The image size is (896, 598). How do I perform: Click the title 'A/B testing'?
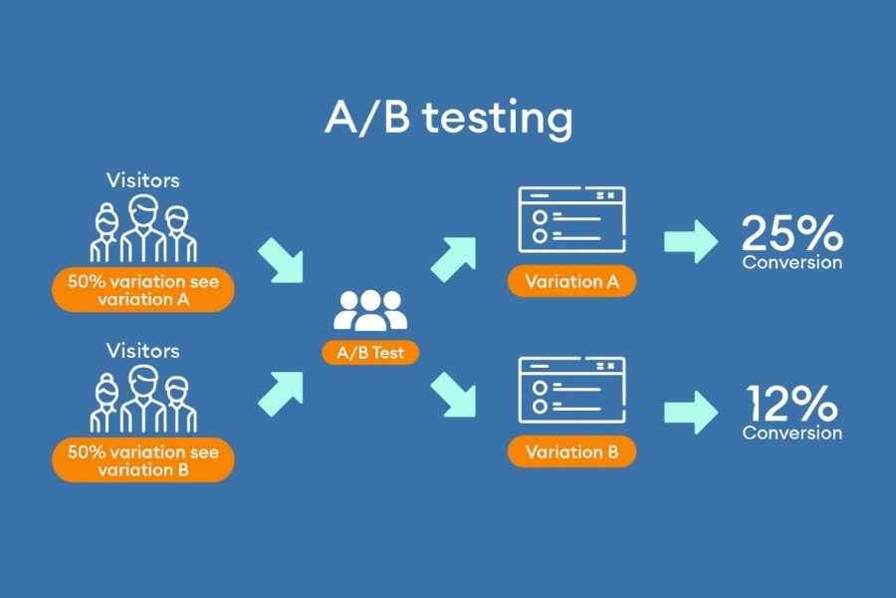[x=448, y=118]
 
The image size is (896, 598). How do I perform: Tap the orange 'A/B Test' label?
[x=369, y=352]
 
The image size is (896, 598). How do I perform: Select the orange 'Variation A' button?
[x=571, y=281]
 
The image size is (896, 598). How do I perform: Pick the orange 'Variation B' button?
[x=571, y=451]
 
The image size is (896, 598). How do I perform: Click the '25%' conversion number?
[x=791, y=235]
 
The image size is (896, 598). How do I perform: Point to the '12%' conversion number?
[x=791, y=406]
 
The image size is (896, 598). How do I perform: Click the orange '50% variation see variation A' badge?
[x=143, y=290]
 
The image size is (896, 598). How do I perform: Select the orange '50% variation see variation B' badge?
[x=143, y=460]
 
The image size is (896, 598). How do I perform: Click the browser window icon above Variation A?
[x=571, y=222]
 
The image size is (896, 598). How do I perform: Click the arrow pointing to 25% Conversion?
[x=690, y=240]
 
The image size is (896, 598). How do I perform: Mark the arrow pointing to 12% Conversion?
[x=690, y=411]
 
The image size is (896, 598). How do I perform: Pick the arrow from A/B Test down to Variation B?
[x=455, y=395]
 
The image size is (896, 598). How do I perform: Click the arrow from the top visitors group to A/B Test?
[x=282, y=260]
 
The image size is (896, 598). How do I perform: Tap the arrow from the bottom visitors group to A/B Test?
[x=282, y=393]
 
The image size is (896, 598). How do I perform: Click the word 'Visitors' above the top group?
[x=143, y=180]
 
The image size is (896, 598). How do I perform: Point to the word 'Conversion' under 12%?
[x=791, y=433]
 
